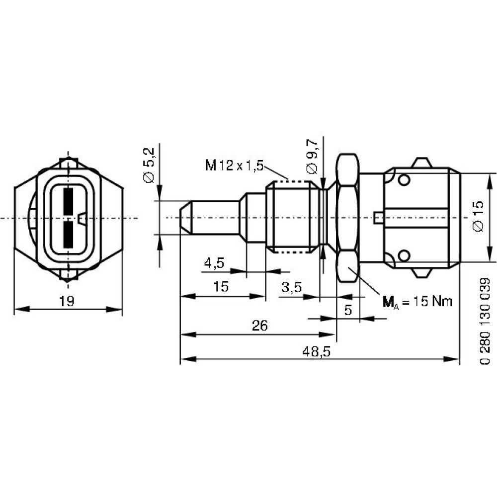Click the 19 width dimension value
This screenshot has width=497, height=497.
(x=67, y=301)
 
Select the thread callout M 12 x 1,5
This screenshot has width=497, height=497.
(x=235, y=166)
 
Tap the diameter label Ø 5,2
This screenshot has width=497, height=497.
(x=149, y=165)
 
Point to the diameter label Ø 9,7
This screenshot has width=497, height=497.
(x=312, y=157)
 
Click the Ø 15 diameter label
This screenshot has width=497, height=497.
(x=478, y=216)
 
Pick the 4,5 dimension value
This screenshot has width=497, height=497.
(x=214, y=263)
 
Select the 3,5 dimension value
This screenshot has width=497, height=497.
(x=292, y=287)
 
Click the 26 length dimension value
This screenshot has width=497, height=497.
(x=260, y=326)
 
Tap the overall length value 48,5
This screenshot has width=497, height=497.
(x=316, y=351)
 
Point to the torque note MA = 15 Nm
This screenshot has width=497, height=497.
(x=417, y=302)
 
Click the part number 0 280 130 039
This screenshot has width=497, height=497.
(x=485, y=321)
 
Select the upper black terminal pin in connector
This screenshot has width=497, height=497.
(x=69, y=201)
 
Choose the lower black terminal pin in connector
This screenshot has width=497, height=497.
(x=69, y=235)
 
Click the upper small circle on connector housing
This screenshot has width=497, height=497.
(x=404, y=180)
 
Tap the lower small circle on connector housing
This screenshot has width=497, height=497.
(x=404, y=255)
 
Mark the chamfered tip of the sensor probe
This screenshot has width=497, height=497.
(x=186, y=218)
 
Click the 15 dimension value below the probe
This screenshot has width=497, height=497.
(x=221, y=287)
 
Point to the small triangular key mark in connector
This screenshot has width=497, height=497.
(x=82, y=218)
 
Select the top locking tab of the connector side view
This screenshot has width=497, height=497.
(x=421, y=163)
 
